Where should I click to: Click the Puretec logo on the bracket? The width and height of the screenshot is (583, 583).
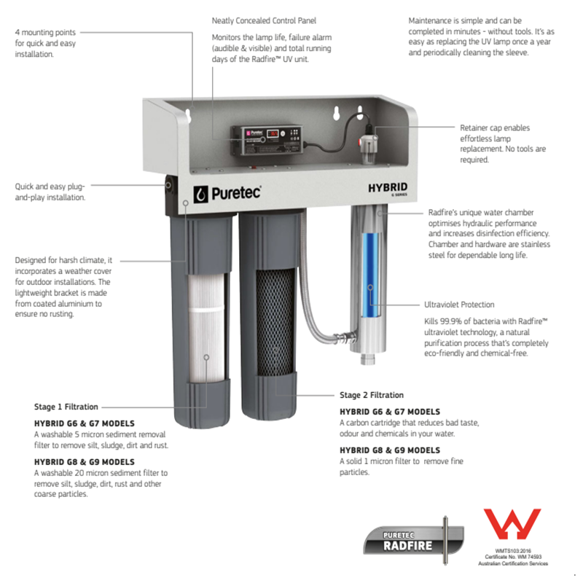click(x=227, y=193)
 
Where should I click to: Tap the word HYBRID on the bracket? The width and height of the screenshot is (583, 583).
click(x=388, y=188)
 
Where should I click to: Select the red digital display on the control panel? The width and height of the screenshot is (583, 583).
click(x=273, y=133)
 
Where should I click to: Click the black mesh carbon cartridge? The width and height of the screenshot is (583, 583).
click(x=275, y=321)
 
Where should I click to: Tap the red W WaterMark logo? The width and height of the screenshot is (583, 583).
click(x=512, y=524)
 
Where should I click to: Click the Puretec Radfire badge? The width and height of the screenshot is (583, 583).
click(x=413, y=540)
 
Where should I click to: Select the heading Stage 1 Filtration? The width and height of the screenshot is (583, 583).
click(x=66, y=407)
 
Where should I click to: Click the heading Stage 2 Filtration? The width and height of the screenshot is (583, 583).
click(x=372, y=395)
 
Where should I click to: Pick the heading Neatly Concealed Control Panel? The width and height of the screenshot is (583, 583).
click(x=264, y=21)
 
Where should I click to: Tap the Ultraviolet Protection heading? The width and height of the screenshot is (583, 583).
click(x=459, y=305)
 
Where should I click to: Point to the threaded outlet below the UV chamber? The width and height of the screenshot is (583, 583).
click(x=368, y=359)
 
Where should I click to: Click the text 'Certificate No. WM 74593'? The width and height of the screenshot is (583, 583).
click(x=513, y=557)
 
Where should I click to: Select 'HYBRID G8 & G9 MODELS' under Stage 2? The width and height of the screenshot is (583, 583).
click(x=390, y=450)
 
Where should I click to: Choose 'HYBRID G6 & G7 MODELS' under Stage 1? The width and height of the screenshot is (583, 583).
click(x=85, y=423)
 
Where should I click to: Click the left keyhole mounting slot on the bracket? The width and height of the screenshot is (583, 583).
click(x=189, y=115)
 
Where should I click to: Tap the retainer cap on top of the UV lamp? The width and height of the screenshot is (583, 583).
click(x=369, y=146)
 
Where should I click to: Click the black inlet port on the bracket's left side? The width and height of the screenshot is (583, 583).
click(x=169, y=185)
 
